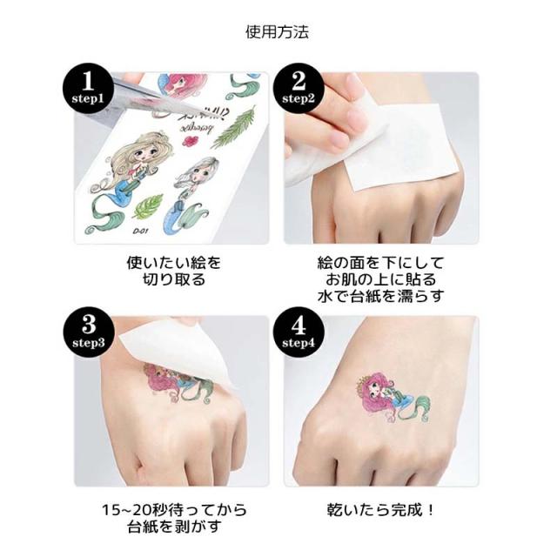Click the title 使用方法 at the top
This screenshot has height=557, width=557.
pos(278,32)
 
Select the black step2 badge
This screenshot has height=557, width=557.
pos(299,88)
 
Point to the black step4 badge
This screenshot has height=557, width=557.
pos(299,332)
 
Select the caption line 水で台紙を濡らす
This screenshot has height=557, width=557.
pos(381,296)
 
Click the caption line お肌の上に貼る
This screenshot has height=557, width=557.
pos(381,278)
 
